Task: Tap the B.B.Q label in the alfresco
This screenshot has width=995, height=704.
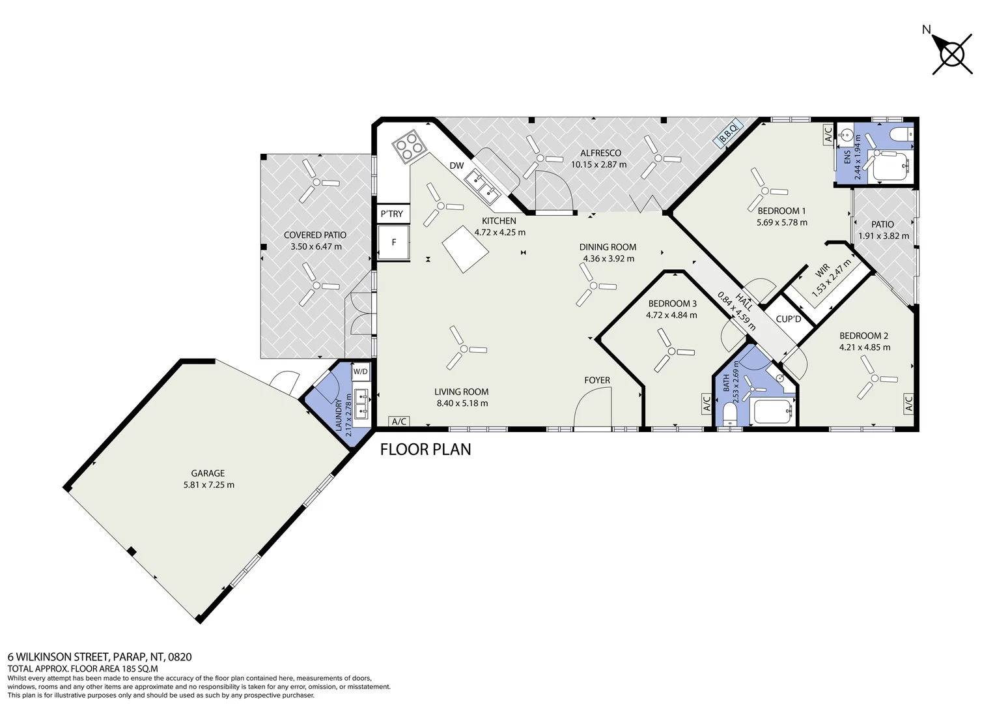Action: tap(728, 132)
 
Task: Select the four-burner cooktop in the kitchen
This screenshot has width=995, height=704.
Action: tap(406, 145)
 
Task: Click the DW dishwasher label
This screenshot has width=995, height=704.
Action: tap(456, 166)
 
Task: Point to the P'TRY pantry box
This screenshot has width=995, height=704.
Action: tap(393, 214)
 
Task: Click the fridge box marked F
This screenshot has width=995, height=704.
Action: tap(393, 242)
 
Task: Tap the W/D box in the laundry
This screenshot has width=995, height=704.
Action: tap(361, 372)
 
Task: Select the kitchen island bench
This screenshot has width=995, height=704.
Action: tap(465, 248)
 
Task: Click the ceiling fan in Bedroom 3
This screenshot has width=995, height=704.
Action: tap(671, 351)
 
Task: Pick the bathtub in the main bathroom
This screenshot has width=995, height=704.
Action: tap(772, 411)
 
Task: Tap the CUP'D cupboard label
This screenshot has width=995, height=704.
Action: tap(789, 319)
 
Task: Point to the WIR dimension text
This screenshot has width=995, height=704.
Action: tap(832, 278)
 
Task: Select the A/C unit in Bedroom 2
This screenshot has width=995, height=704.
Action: tap(908, 403)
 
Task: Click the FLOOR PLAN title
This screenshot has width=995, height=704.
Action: tap(425, 450)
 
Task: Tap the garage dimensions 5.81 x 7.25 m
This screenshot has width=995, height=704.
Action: tap(209, 485)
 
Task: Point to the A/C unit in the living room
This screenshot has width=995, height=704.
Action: tap(399, 421)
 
